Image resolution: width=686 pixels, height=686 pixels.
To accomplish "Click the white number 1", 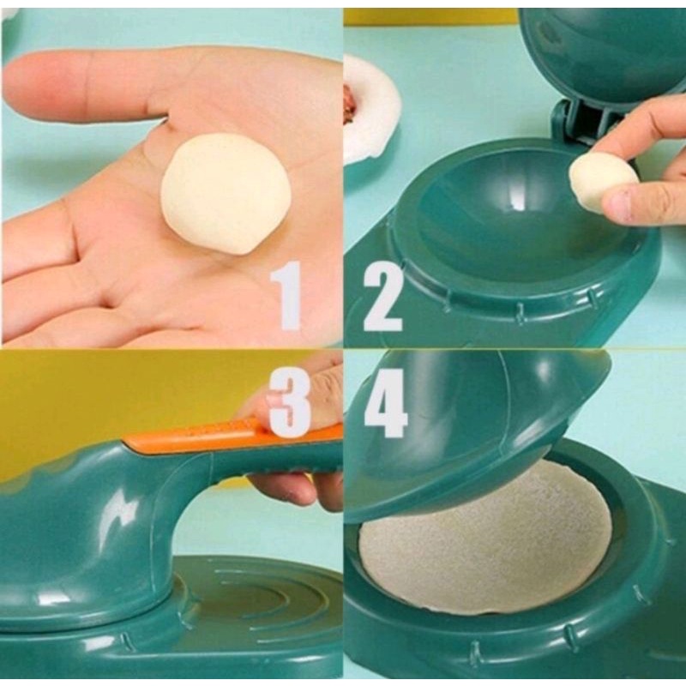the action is (x=287, y=295).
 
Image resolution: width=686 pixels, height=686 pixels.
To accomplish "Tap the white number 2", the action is (x=383, y=297).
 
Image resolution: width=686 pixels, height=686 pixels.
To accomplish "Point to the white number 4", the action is (x=386, y=402).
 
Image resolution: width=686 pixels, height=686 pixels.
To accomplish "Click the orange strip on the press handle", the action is (x=232, y=432).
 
